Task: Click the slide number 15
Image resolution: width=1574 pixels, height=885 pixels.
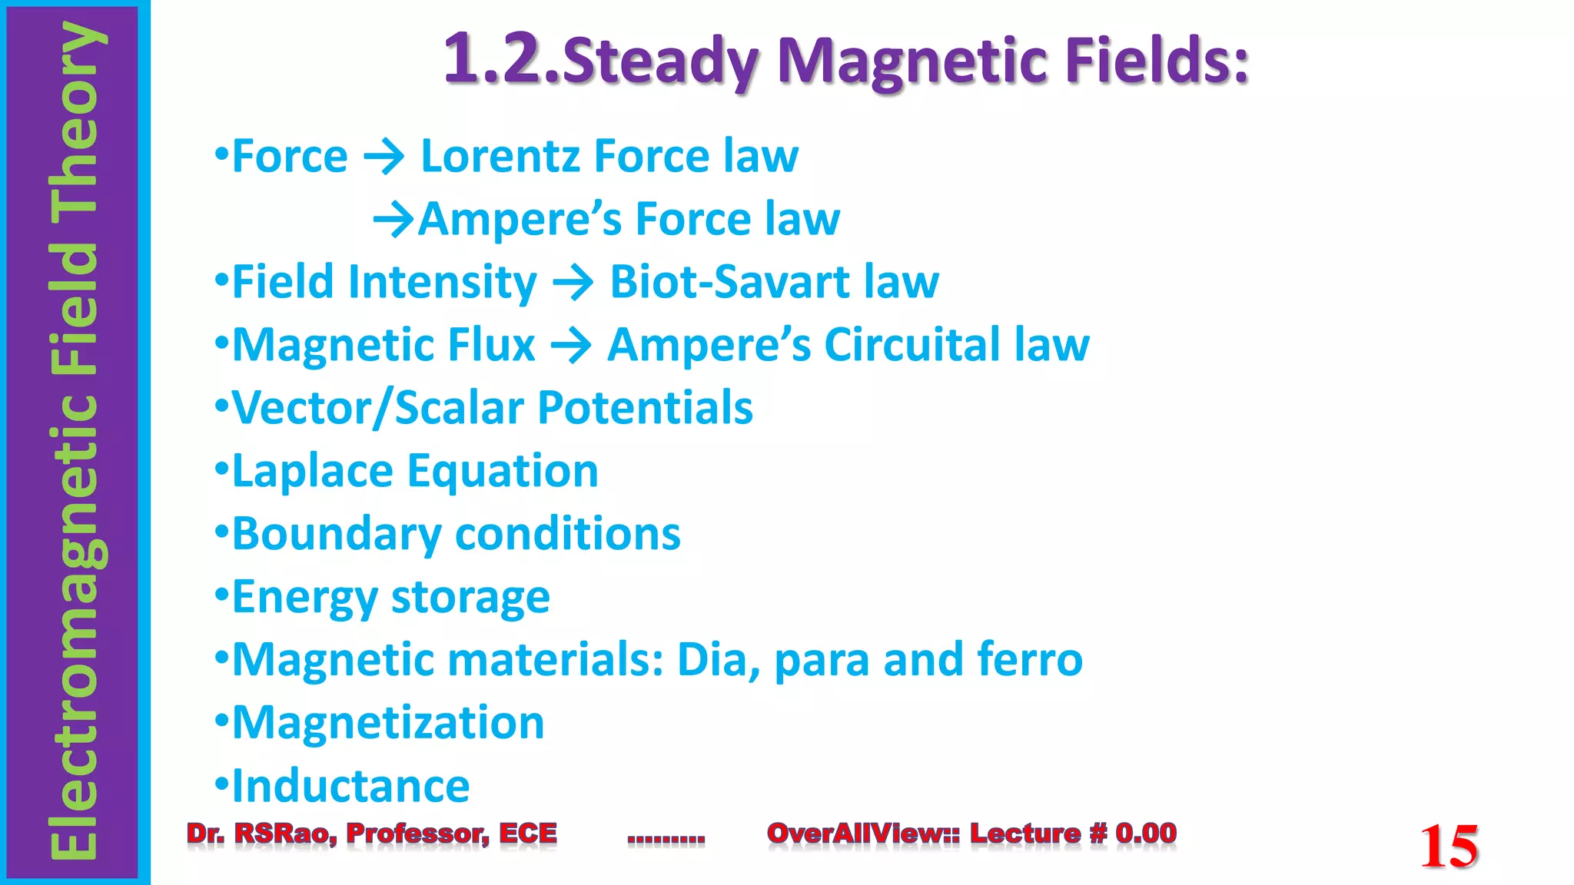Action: (x=1449, y=847)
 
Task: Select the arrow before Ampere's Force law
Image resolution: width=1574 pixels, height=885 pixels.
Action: (x=393, y=220)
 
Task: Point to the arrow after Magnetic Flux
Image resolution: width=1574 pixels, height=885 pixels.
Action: (x=571, y=346)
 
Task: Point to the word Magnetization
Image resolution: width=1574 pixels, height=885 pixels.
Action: (x=388, y=724)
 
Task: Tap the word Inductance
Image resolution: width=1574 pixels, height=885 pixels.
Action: (x=350, y=786)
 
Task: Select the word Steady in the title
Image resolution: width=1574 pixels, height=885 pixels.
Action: (x=661, y=61)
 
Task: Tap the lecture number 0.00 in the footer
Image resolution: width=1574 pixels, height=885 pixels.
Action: (x=1146, y=833)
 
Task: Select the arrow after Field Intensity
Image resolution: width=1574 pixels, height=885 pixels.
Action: (x=573, y=283)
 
